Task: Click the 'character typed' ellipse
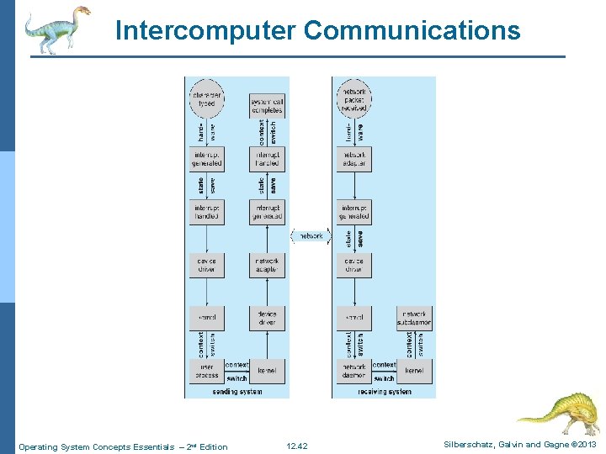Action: point(207,97)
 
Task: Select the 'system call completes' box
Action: point(266,105)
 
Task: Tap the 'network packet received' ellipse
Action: point(353,97)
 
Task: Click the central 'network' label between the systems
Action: point(311,236)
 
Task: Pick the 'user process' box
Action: point(207,371)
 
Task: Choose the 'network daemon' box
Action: point(353,371)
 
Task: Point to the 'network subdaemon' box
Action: point(413,318)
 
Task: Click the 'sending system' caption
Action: point(237,392)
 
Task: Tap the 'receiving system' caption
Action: point(384,392)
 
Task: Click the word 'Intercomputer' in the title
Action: point(205,31)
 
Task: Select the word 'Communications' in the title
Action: point(412,31)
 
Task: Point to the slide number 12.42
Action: point(297,446)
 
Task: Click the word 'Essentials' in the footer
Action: point(159,446)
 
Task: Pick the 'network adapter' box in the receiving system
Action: point(353,159)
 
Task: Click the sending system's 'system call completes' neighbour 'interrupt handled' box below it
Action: point(266,159)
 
